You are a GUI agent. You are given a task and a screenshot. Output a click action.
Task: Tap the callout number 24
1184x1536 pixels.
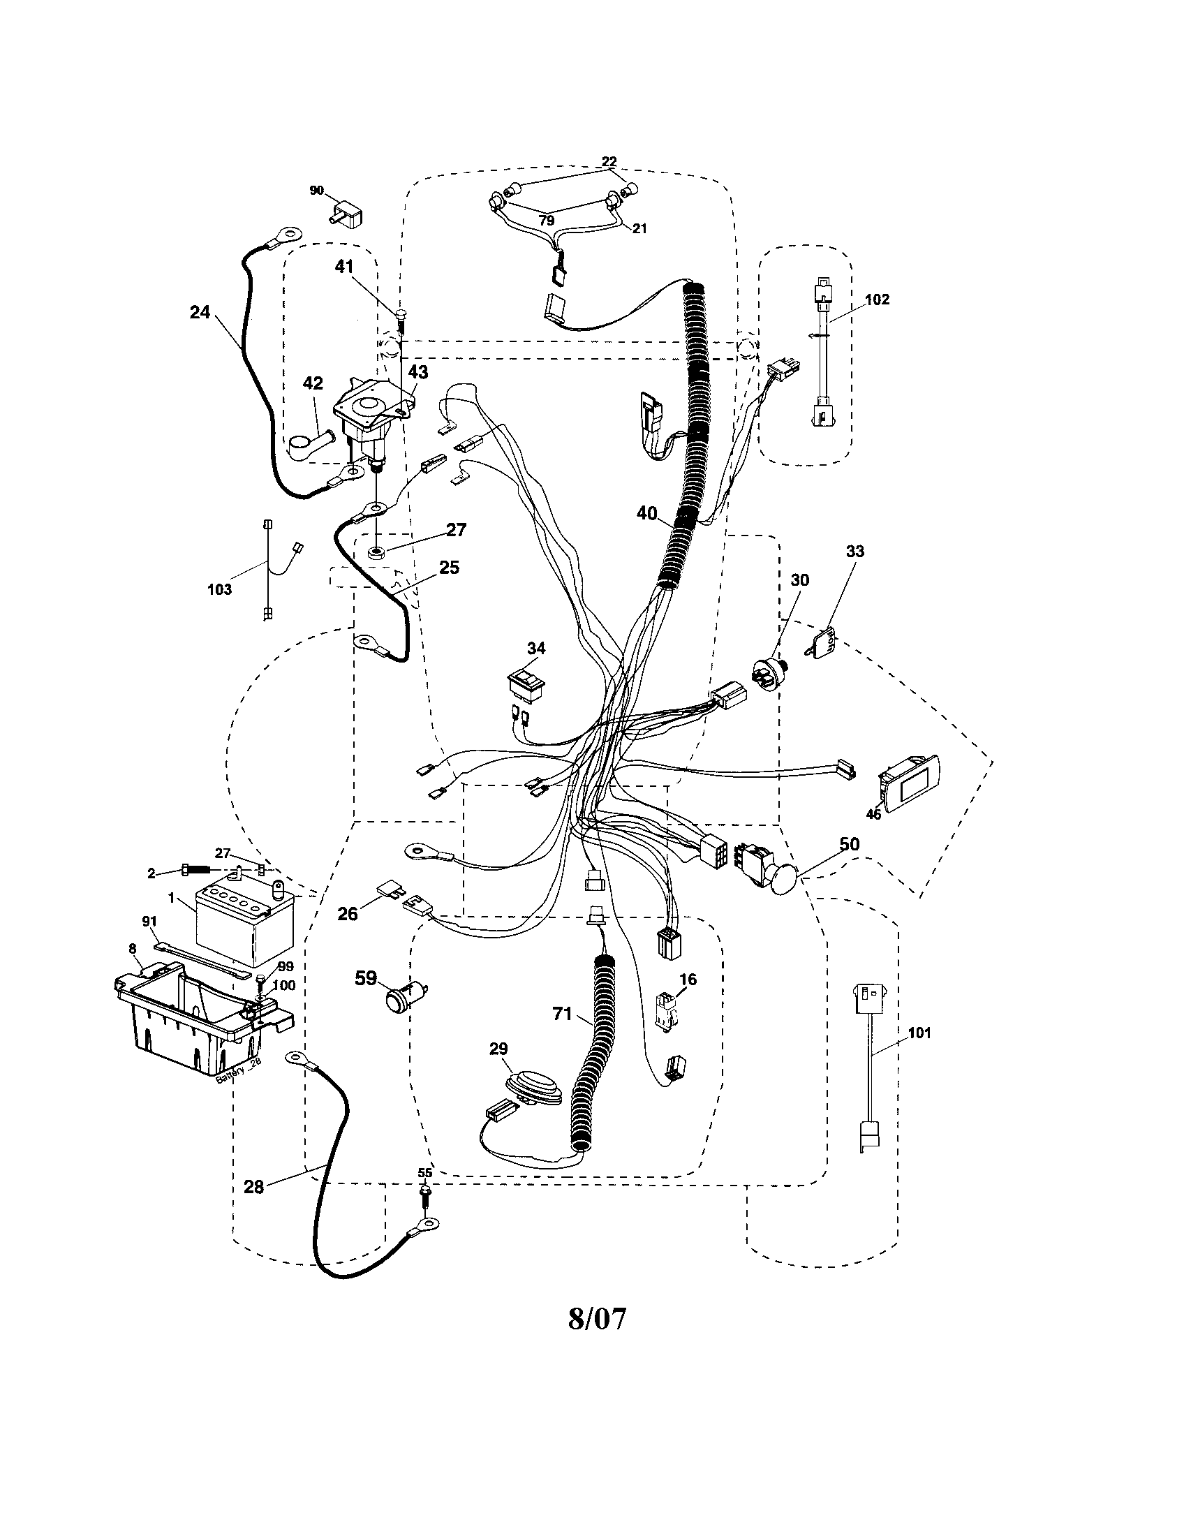pos(200,312)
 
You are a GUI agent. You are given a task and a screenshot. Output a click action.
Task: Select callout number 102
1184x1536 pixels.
pos(877,300)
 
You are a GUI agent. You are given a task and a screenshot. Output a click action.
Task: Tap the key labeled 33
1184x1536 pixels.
pos(822,644)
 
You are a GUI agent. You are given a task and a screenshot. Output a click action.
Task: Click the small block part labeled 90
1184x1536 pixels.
pos(346,212)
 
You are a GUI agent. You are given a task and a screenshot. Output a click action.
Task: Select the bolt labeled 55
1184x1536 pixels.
pos(425,1192)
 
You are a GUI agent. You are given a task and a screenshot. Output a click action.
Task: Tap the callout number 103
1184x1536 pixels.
pos(219,589)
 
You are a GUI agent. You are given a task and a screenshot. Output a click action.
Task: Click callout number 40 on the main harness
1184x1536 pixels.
pos(647,514)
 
